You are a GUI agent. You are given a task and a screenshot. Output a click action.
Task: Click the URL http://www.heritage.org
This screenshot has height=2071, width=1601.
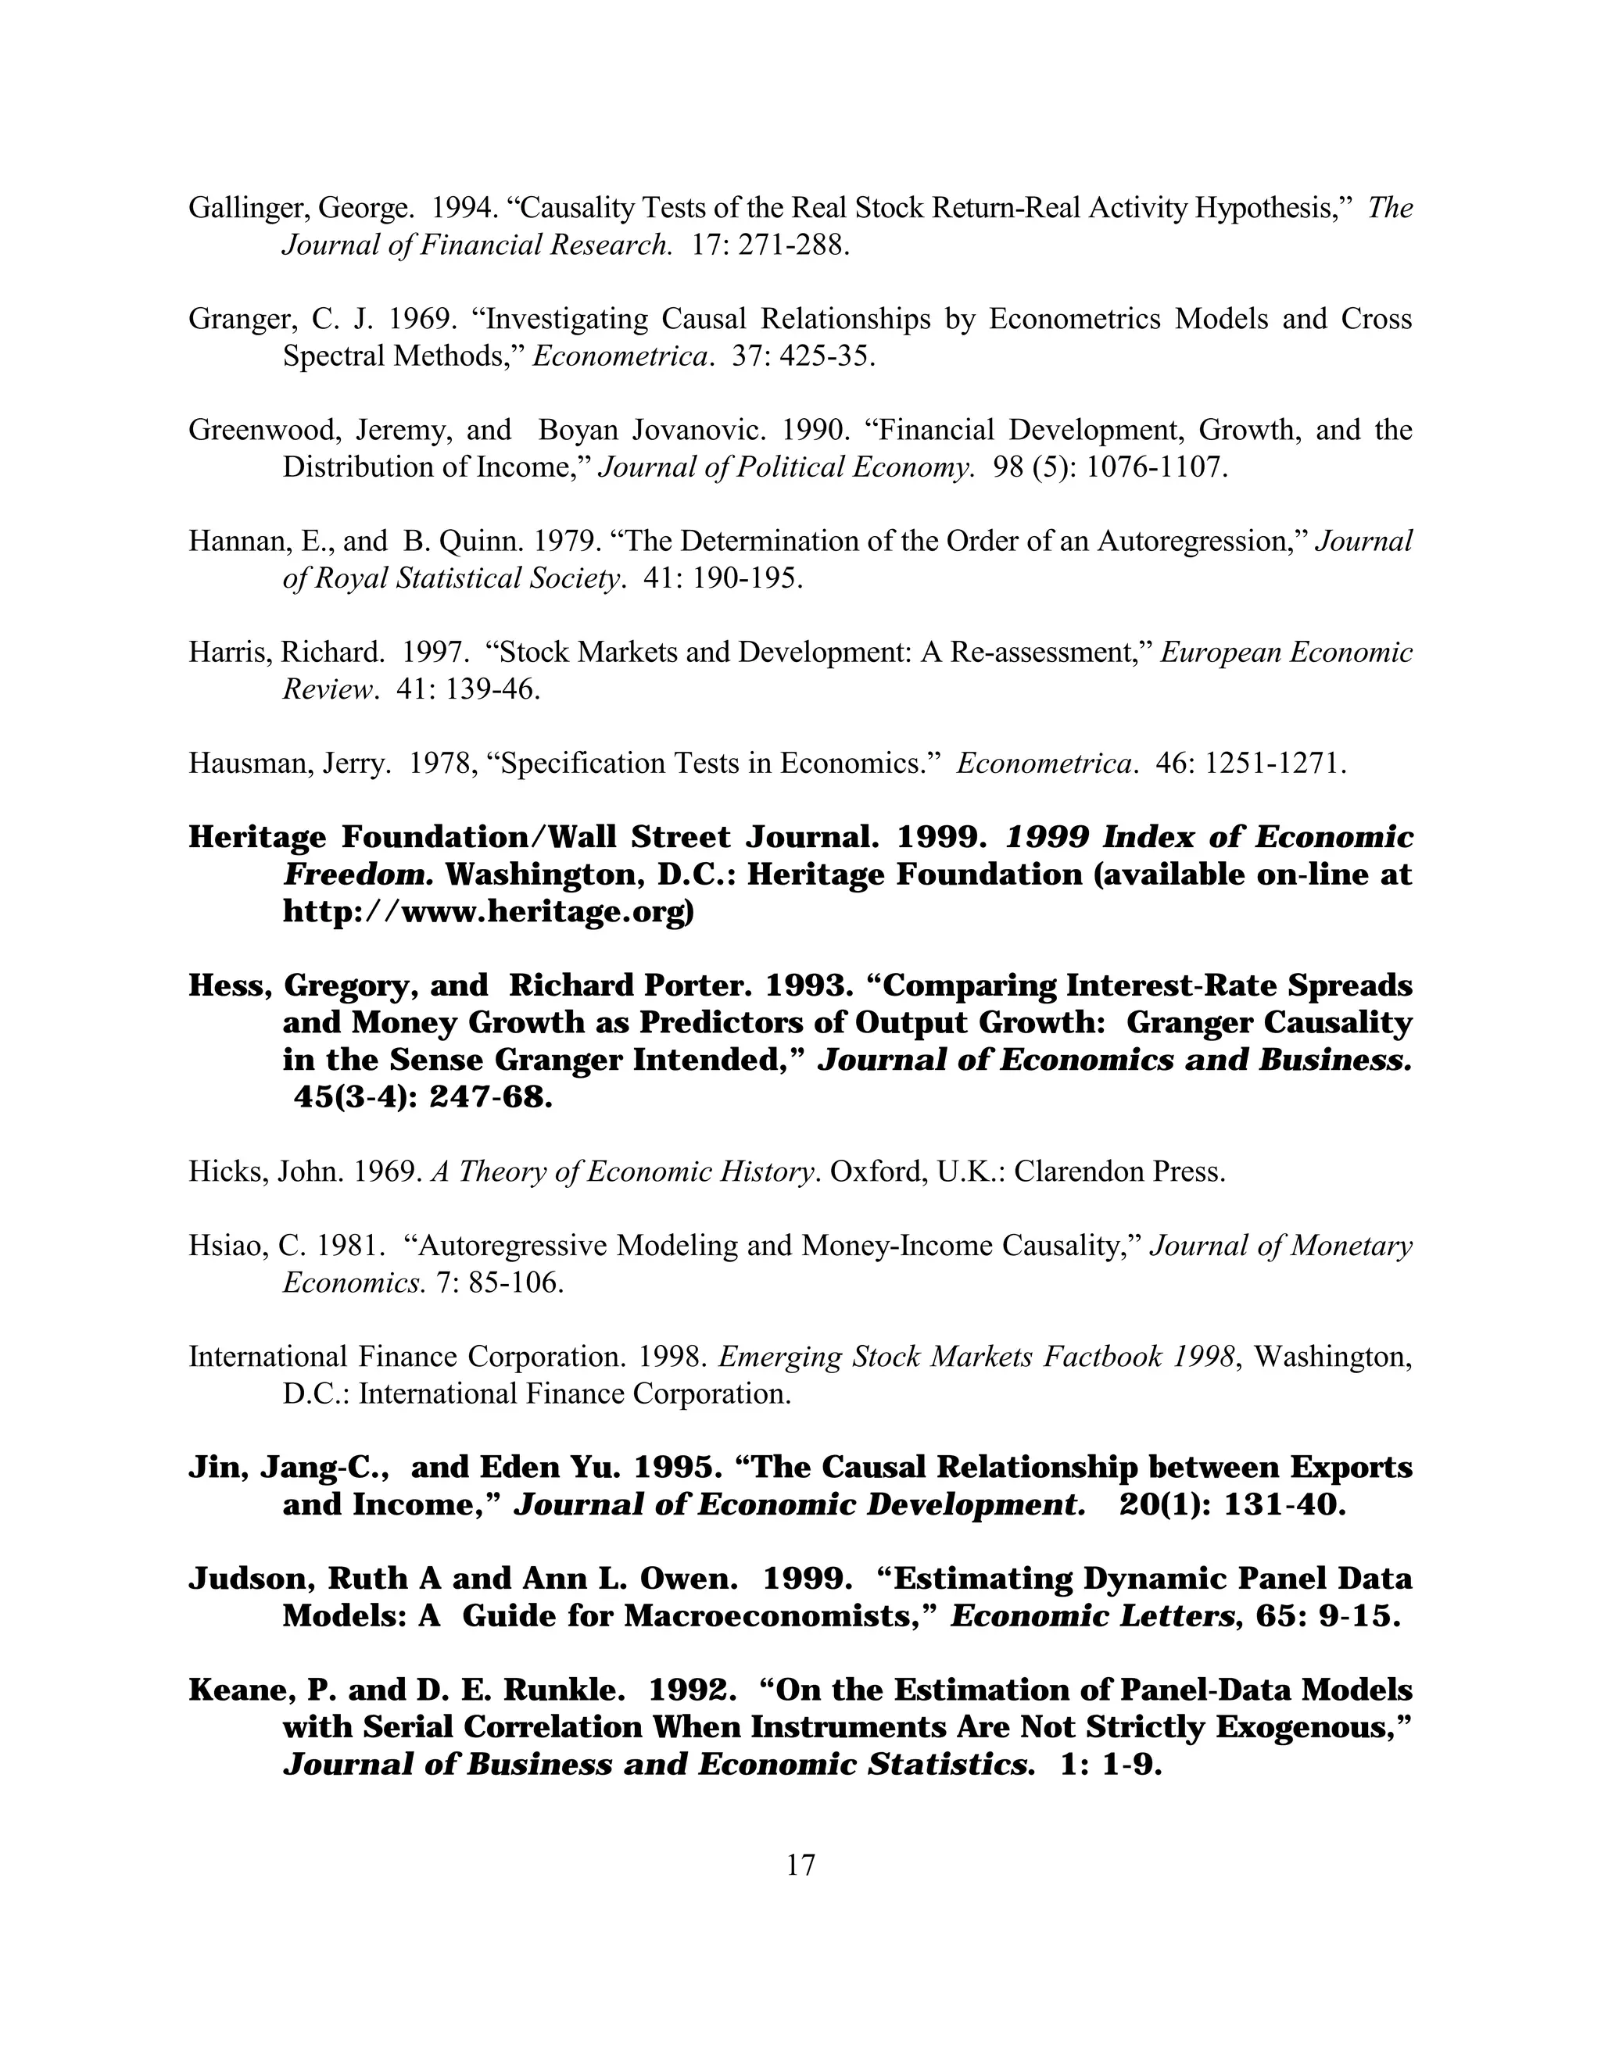tap(488, 911)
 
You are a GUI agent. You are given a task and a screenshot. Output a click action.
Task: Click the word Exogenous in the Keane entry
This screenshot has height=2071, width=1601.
tap(1306, 1728)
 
